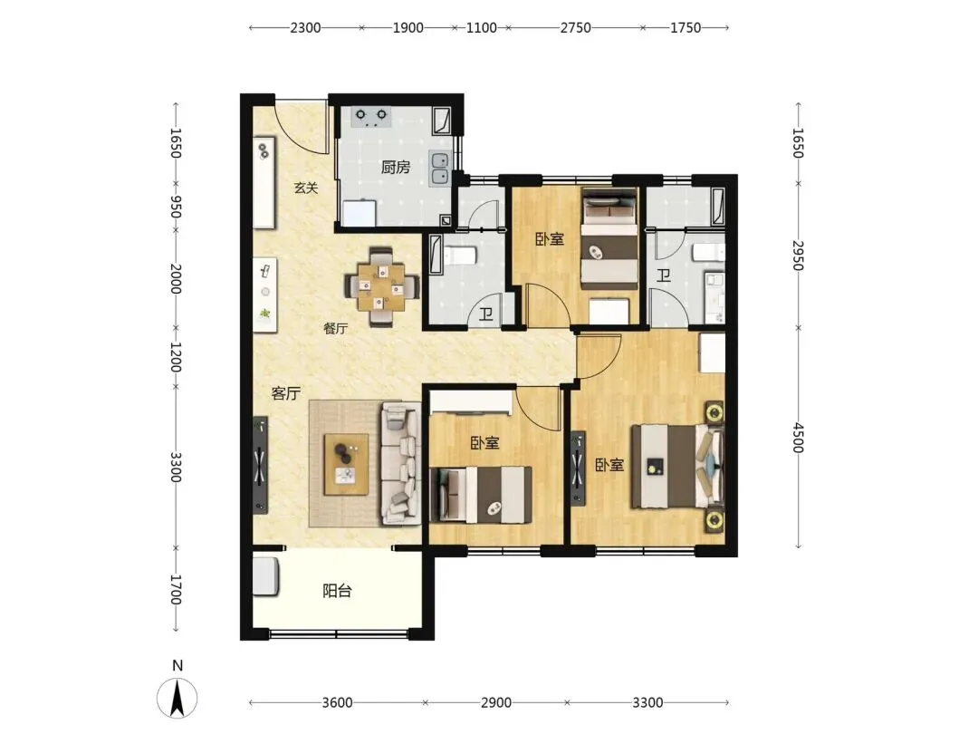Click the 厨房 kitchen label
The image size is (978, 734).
[x=396, y=168]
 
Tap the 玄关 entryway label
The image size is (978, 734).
[x=306, y=188]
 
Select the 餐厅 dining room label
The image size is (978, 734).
[x=336, y=328]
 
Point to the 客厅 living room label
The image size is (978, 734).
[x=285, y=393]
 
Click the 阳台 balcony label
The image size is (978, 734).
[x=338, y=591]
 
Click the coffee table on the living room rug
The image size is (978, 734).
[x=346, y=464]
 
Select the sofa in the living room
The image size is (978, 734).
[x=400, y=462]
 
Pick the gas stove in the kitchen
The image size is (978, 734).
[x=371, y=117]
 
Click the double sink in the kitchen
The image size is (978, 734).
[x=439, y=169]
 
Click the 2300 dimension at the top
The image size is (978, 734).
[x=306, y=27]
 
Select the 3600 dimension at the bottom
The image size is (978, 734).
[x=338, y=703]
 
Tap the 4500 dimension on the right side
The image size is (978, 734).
[x=799, y=438]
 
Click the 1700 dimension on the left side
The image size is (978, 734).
[x=176, y=590]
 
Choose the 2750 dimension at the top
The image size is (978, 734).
[x=575, y=27]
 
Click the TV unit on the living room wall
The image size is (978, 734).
[x=260, y=465]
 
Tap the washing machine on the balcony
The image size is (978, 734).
[x=265, y=576]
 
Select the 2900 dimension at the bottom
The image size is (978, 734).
[x=496, y=703]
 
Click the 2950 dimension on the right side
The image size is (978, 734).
[x=799, y=256]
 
